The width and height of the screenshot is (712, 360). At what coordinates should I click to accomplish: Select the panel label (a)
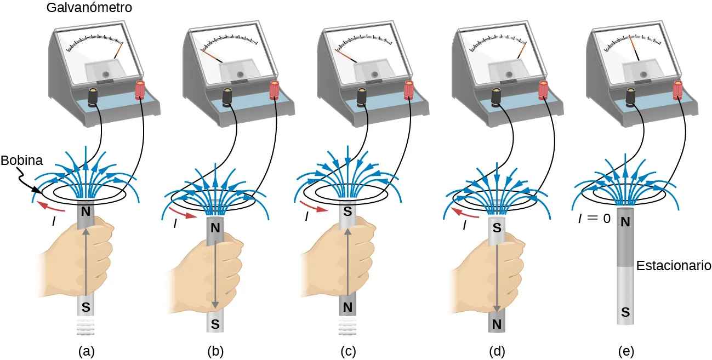[85, 350]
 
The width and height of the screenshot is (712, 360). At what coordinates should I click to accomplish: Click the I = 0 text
[594, 218]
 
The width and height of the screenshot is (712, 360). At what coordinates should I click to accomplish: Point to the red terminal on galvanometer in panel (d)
[543, 89]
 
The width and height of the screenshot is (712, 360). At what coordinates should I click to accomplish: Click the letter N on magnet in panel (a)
[86, 210]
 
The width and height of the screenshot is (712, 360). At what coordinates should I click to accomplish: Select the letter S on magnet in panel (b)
[215, 324]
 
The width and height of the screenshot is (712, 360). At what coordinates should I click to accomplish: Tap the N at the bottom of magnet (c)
[347, 307]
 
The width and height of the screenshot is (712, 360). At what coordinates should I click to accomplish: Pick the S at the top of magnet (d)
[496, 226]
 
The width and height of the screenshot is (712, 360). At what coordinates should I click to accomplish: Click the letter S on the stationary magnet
[625, 312]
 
